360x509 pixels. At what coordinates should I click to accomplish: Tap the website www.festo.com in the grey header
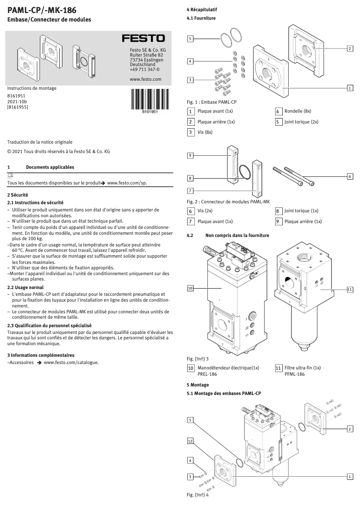tap(145, 79)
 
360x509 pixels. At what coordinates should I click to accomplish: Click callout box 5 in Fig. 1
tap(190, 39)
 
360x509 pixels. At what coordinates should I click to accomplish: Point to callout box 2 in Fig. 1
tap(350, 48)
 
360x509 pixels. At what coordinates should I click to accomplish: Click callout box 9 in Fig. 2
tap(190, 155)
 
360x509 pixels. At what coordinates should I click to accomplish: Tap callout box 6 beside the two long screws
tap(350, 176)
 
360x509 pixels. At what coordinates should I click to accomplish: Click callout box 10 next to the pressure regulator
tap(190, 288)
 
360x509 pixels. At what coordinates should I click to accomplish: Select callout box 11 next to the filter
tap(350, 290)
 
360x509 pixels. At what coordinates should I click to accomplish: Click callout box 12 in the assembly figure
tap(190, 442)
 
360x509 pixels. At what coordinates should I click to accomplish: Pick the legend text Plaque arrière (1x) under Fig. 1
tap(216, 122)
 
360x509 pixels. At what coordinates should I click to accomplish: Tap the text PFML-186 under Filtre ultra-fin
tap(294, 374)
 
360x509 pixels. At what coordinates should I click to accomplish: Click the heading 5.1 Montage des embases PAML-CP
tap(224, 393)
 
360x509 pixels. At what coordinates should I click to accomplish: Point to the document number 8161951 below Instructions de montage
tap(16, 96)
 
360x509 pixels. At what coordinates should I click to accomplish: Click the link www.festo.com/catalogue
tap(71, 362)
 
